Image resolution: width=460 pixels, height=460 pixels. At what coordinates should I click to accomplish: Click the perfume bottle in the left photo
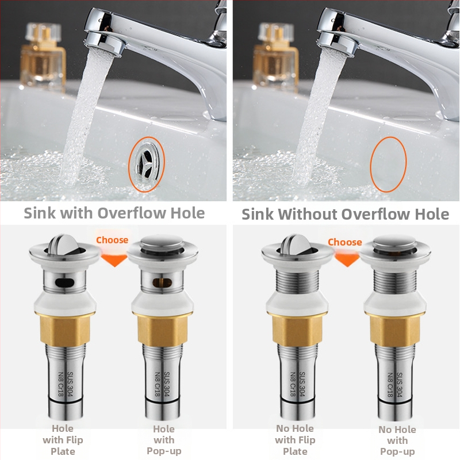(43, 56)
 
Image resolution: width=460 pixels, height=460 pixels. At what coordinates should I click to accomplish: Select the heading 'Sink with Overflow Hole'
(114, 213)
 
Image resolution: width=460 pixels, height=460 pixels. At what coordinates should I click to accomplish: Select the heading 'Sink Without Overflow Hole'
(345, 214)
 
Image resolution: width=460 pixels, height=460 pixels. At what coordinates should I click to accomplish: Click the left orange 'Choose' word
(112, 240)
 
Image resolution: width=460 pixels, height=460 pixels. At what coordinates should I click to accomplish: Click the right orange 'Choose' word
(344, 242)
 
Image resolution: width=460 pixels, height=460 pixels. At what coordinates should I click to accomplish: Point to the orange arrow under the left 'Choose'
(114, 260)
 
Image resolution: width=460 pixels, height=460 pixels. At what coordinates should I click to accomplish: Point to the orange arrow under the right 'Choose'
(347, 260)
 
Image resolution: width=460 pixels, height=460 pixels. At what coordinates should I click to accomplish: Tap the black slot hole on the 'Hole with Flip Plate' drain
(64, 282)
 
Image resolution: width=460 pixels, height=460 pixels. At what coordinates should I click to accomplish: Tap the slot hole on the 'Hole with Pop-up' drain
(162, 282)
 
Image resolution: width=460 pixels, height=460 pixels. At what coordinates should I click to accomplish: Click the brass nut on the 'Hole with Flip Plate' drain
(65, 328)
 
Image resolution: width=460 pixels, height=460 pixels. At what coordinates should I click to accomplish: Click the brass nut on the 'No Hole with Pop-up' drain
(395, 329)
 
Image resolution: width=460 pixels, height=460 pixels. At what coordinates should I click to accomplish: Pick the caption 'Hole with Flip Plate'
(63, 440)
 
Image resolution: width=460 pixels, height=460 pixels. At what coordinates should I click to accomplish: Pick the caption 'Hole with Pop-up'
(164, 440)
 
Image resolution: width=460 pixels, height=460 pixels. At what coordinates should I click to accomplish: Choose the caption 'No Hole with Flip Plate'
(295, 440)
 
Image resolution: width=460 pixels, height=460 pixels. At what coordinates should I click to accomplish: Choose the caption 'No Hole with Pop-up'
(397, 440)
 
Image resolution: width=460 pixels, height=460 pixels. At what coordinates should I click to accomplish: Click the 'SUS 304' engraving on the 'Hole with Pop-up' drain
(167, 384)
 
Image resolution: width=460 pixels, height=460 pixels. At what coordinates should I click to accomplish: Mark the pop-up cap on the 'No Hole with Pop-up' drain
(395, 242)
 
